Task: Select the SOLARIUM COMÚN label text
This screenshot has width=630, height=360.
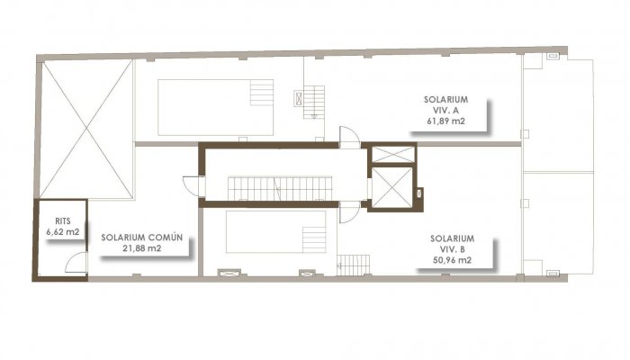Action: (x=142, y=238)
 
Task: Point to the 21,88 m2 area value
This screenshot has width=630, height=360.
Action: (x=142, y=248)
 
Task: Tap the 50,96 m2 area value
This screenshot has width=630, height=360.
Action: (x=445, y=261)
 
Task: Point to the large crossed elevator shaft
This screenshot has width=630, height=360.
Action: (x=392, y=187)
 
